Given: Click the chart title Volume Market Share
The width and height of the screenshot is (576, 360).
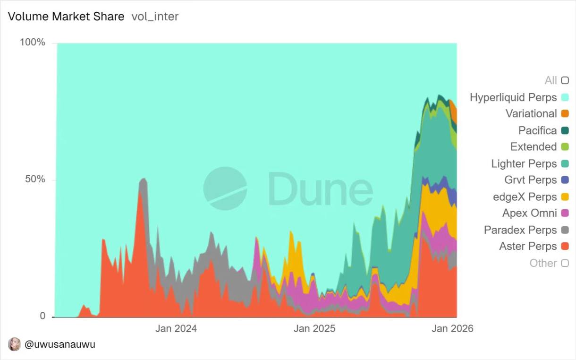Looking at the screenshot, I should [x=66, y=17].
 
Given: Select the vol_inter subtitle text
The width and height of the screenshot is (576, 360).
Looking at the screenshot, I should [x=155, y=17].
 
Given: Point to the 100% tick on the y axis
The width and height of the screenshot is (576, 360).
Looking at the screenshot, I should [x=33, y=43].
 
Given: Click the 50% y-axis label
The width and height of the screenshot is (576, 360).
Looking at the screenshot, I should [x=35, y=180].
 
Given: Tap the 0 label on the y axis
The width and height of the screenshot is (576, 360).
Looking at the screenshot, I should [x=42, y=316].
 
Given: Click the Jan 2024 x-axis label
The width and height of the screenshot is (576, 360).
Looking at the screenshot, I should [x=176, y=328].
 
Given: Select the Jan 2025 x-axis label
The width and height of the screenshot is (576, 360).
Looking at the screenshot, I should [x=314, y=328].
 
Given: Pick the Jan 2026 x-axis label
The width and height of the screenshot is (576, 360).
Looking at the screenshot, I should [x=452, y=328].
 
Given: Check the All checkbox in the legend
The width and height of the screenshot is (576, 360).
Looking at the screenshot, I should [x=565, y=80].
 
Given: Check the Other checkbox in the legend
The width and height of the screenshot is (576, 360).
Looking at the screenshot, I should [x=565, y=263].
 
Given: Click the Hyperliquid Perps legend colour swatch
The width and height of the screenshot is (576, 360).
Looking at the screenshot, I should [x=565, y=97].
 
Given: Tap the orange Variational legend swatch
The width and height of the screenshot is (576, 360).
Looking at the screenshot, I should [x=565, y=113].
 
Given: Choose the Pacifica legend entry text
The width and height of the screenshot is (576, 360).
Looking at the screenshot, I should [x=537, y=130].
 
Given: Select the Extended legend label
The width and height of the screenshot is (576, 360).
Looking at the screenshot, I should [x=533, y=146].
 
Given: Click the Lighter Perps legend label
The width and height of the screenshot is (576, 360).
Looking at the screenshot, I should [x=524, y=163].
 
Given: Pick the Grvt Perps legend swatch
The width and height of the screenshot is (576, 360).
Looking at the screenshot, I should [x=565, y=180].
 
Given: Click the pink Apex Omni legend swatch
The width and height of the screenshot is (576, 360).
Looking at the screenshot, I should [x=565, y=213].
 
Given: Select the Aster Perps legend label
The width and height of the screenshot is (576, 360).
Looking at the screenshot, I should [x=528, y=246].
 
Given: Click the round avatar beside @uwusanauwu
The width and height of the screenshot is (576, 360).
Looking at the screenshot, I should [x=15, y=344].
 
